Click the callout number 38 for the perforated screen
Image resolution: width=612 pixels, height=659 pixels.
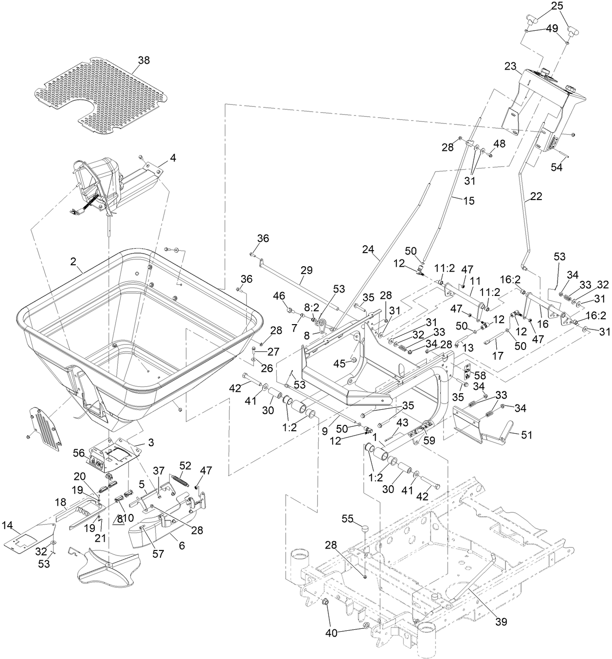coord(144,60)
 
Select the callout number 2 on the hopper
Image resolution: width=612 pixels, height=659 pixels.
coord(73,261)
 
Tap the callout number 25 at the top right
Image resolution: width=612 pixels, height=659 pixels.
coord(557,6)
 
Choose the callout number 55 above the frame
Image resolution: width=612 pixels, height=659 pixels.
coord(347,519)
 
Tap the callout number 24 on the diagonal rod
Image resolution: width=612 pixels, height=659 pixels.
coord(368,250)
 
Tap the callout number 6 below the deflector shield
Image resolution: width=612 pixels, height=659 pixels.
coord(181,546)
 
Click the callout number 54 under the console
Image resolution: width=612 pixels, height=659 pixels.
coord(556,167)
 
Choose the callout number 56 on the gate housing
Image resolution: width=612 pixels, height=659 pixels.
coord(78,452)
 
